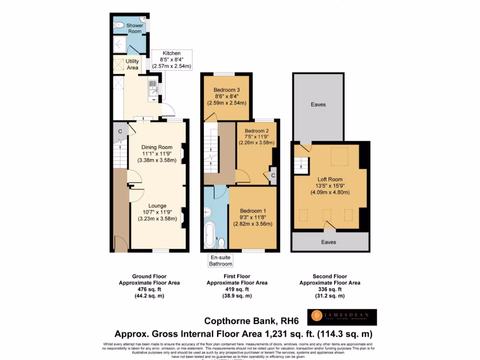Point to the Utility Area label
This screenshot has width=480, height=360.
click(132, 65)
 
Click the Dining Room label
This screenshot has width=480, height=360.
click(157, 147)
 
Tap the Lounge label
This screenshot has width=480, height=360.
click(157, 205)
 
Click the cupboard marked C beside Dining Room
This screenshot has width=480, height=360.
click(120, 132)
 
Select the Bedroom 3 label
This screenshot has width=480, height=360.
click(227, 90)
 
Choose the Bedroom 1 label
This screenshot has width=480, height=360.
click(253, 211)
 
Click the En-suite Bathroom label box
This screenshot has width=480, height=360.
click(221, 261)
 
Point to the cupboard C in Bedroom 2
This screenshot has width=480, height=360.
click(272, 175)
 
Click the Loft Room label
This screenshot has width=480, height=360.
click(330, 179)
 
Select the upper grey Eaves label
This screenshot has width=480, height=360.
click(318, 105)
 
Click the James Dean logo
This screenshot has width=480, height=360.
click(342, 317)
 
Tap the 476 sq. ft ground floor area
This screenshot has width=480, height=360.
click(149, 289)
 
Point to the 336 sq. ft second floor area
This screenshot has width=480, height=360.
click(330, 289)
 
